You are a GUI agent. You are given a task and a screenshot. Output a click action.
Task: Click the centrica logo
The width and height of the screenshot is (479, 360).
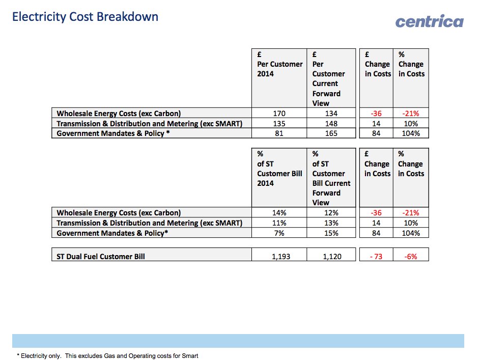[429, 21]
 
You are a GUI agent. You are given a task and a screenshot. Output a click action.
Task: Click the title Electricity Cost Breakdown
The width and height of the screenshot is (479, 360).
[85, 17]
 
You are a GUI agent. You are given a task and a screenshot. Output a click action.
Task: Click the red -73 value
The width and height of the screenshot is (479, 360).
[377, 257]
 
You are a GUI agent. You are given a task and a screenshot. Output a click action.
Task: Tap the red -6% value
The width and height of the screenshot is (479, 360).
[410, 257]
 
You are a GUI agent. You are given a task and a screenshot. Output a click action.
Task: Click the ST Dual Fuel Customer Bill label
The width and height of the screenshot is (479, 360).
[101, 257]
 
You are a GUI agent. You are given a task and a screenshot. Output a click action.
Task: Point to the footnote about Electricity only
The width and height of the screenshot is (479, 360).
[107, 355]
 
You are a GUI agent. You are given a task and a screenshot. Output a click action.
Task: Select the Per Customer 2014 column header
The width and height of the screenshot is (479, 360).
[279, 64]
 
